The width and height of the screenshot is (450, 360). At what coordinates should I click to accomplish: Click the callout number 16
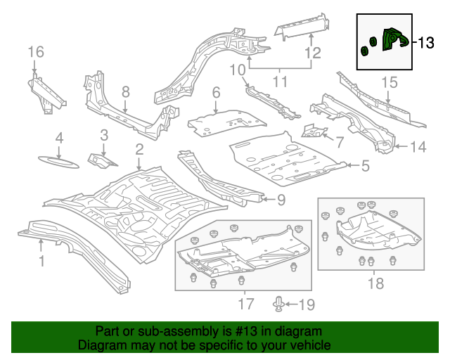36,52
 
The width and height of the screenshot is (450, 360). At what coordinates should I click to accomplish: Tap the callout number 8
125,91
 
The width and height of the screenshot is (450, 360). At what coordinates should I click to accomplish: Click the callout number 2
139,148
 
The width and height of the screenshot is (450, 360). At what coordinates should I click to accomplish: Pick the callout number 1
41,262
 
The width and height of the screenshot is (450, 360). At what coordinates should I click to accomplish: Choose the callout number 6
216,92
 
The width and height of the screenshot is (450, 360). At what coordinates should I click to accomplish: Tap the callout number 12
312,53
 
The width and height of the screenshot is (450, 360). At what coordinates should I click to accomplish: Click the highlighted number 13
426,44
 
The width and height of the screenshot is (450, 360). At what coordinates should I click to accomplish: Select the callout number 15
390,83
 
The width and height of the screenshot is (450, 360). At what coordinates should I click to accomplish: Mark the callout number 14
418,147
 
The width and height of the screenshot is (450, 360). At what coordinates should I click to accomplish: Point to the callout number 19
307,304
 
